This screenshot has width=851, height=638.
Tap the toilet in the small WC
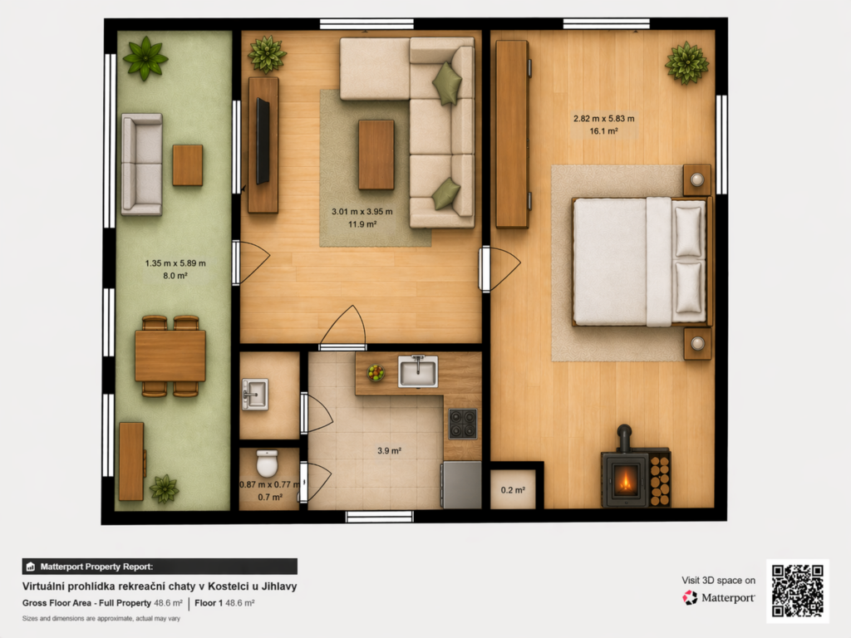[x=267, y=464]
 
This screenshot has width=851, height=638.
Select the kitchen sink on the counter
[x=418, y=371]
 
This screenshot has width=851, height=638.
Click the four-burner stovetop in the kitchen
[x=463, y=424]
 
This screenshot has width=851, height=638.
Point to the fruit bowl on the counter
[x=376, y=373]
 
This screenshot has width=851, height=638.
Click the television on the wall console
[x=263, y=141]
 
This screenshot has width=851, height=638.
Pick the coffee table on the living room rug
[x=376, y=155]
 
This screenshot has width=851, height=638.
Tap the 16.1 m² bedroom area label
[x=603, y=131]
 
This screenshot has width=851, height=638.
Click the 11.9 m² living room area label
[x=362, y=224]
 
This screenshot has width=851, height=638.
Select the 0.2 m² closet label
[x=513, y=490]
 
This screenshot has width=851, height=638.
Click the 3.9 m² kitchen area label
[x=389, y=451]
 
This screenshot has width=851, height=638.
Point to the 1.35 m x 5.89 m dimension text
[x=175, y=263]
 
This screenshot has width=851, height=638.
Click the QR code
[x=798, y=591]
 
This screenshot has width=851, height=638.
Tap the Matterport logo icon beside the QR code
[x=690, y=597]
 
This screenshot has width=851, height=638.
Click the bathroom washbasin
[x=254, y=395]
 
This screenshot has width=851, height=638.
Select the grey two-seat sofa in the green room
[x=141, y=164]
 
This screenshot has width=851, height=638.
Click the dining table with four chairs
[x=170, y=356]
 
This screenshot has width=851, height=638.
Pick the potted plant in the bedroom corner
[x=686, y=63]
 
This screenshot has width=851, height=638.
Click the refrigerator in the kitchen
[x=461, y=484]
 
